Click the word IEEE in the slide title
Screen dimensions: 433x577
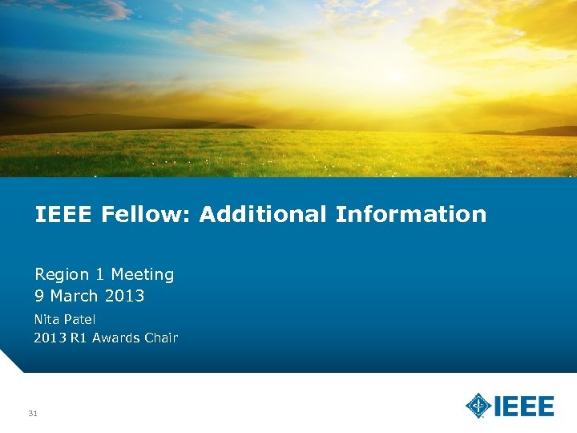coord(65,215)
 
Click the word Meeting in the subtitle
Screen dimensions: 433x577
coord(143,275)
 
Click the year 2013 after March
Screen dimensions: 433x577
coord(124,297)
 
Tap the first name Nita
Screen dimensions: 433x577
coord(46,319)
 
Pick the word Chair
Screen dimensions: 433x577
coord(161,338)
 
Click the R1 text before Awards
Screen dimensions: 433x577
coord(79,338)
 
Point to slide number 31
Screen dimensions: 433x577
coord(33,414)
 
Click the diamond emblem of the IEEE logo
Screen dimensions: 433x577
coord(478,406)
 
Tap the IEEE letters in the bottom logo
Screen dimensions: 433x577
coord(523,406)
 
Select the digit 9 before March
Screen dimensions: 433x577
coord(38,297)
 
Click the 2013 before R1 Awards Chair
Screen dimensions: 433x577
coord(49,338)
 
